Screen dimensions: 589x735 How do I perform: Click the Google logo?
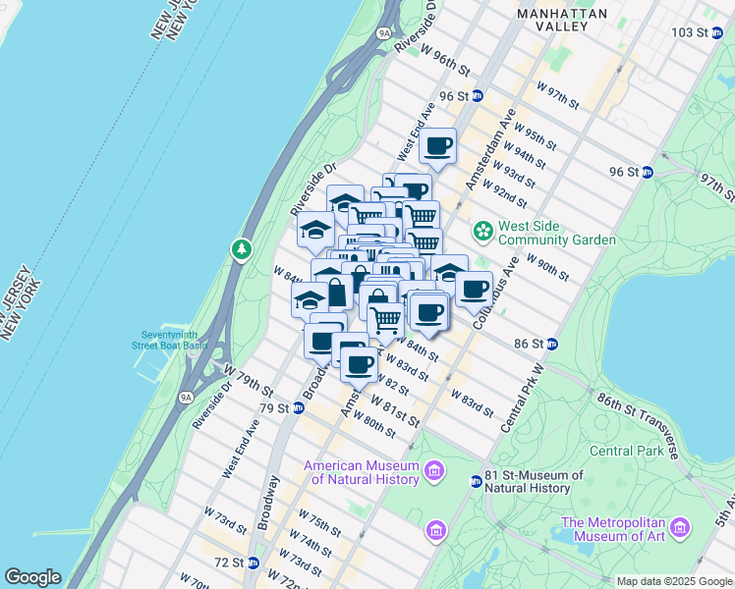[32, 577]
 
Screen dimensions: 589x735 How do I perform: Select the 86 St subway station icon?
[552, 344]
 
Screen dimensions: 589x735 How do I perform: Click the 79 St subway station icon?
[299, 407]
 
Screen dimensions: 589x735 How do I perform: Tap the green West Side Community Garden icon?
[483, 232]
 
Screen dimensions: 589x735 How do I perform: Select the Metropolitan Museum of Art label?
[614, 530]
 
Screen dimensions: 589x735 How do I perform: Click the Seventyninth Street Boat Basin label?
[171, 339]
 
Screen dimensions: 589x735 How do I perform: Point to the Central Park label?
[625, 452]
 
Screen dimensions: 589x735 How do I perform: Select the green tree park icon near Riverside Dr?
[242, 250]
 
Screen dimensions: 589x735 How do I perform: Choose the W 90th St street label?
[547, 267]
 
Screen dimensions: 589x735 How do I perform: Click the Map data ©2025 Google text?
[673, 581]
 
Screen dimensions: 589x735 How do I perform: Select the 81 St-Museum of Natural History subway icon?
[477, 481]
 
